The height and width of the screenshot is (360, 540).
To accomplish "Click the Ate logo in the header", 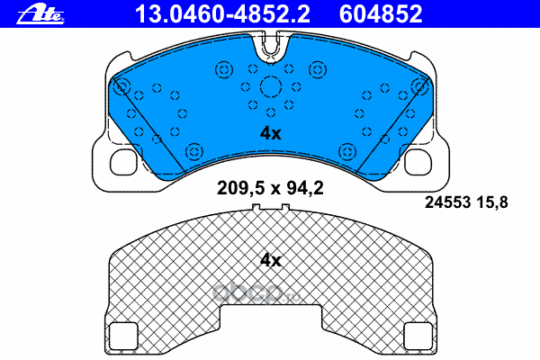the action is click(40, 15).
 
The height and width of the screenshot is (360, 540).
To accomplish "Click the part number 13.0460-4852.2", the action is click(223, 14).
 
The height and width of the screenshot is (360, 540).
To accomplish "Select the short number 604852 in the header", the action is click(381, 14).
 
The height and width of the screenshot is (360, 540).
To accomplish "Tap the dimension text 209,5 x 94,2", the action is click(270, 188).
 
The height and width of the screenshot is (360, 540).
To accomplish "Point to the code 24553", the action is click(447, 202).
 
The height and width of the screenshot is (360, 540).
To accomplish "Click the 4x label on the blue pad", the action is click(270, 133).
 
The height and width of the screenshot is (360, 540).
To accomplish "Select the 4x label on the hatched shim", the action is click(270, 260).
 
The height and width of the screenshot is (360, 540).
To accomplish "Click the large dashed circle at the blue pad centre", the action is click(271, 86).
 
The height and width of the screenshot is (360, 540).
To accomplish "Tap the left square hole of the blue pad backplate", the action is click(123, 162).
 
